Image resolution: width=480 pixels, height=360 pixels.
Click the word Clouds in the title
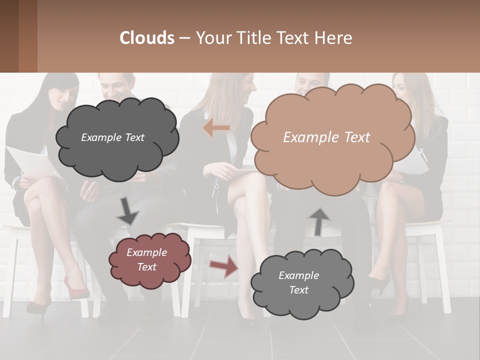pyautogui.click(x=147, y=38)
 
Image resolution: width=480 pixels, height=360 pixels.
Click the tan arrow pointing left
pyautogui.click(x=216, y=128)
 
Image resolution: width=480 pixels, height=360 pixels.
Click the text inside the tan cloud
pyautogui.click(x=326, y=137)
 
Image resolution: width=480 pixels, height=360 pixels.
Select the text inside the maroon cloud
pyautogui.click(x=147, y=259)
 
